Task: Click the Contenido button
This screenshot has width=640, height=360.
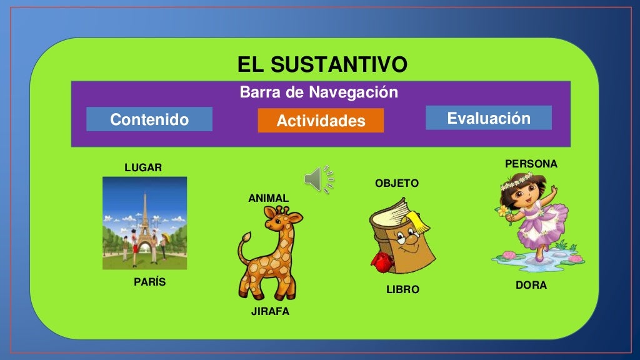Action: point(149,119)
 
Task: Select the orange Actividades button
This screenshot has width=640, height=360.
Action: point(321,121)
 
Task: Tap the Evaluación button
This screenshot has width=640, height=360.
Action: point(489,118)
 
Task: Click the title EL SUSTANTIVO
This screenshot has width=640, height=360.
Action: point(322,64)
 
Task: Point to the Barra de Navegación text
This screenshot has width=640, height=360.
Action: point(319,93)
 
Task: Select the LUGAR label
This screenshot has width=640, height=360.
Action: point(143,167)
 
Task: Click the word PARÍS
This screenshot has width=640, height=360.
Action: point(150,282)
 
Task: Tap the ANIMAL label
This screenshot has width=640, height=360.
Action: point(269,198)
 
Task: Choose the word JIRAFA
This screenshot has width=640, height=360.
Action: point(270,311)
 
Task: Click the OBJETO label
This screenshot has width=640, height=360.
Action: point(397,183)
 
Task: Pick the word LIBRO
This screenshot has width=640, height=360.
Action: point(402,290)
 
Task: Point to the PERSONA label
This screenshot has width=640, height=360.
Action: point(531,164)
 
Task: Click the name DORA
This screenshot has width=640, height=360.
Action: point(531,285)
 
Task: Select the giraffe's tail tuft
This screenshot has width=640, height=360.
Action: point(246,239)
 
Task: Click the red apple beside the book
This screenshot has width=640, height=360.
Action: point(379,260)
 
